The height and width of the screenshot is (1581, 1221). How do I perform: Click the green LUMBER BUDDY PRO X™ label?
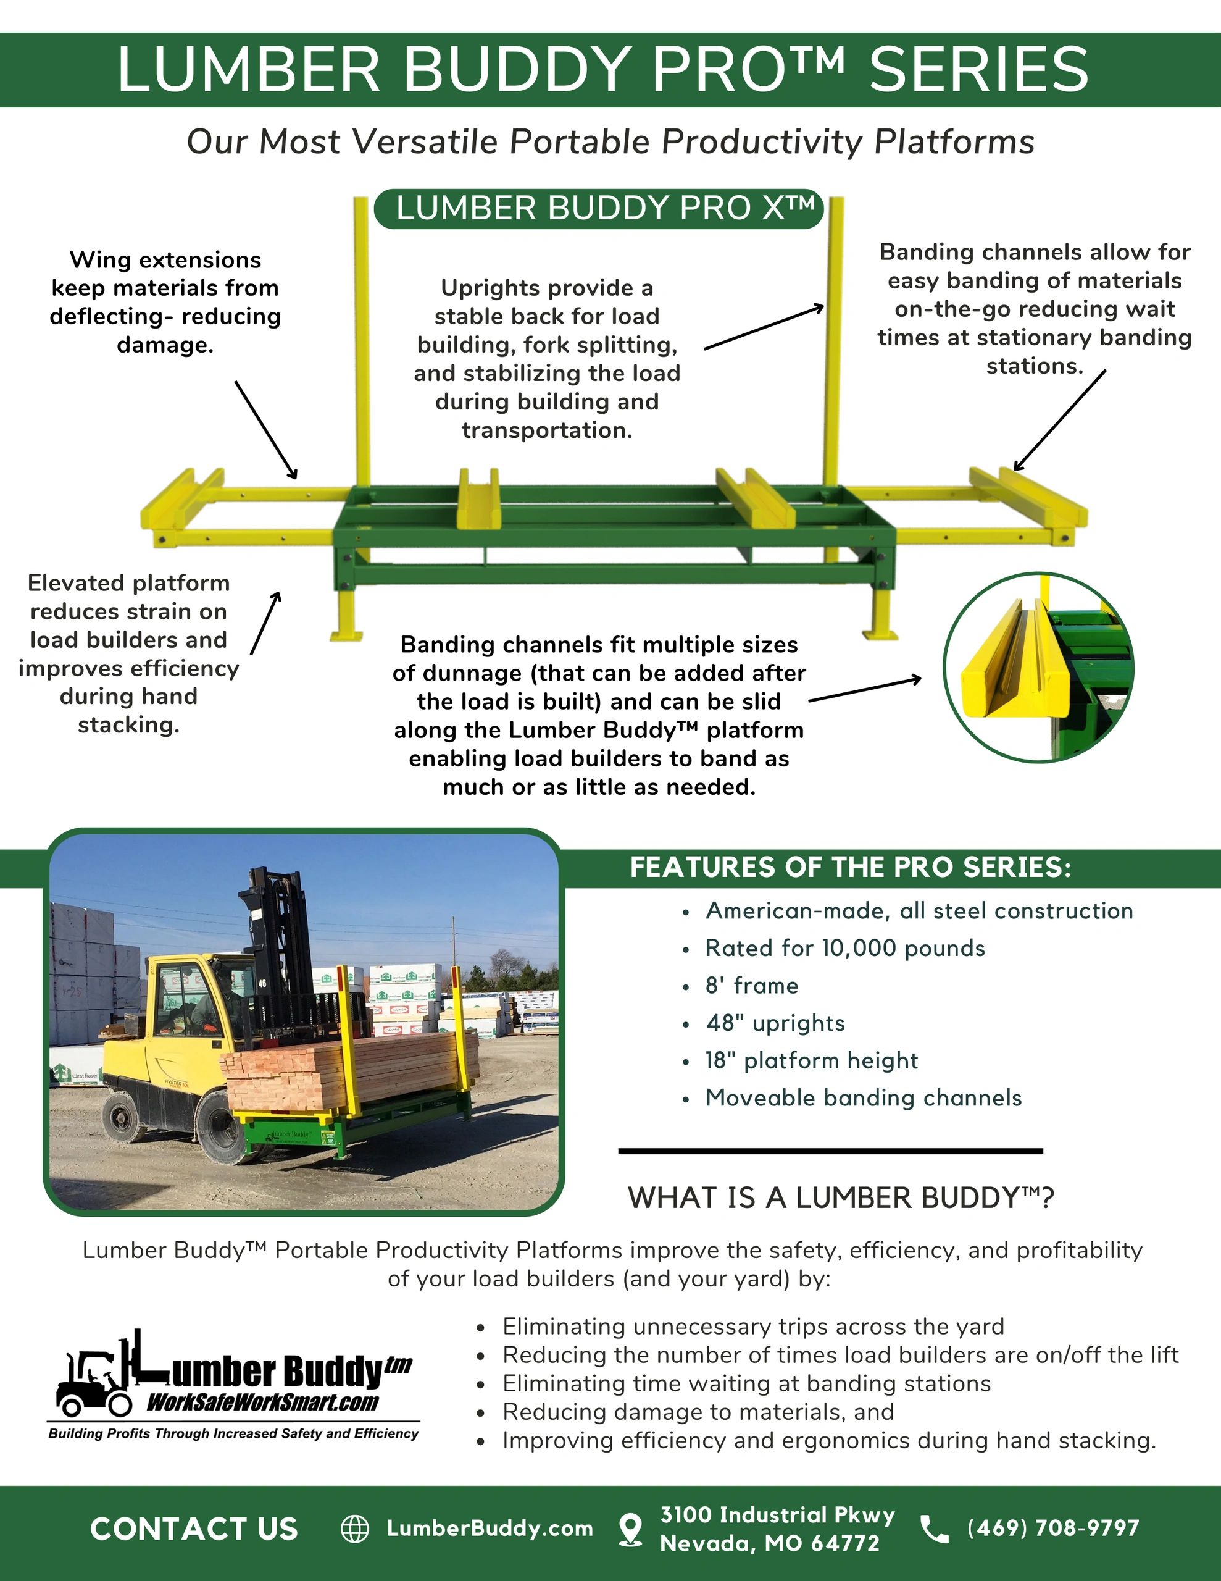click(x=599, y=209)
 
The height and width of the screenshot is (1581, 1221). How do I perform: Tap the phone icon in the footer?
click(x=934, y=1529)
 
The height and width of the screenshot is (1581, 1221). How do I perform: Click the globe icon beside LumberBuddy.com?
click(x=355, y=1529)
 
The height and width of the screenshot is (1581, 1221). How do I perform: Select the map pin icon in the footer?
click(x=630, y=1529)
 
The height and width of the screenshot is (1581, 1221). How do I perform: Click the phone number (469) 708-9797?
click(x=1053, y=1528)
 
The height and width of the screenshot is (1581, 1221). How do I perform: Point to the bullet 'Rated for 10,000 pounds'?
click(x=844, y=949)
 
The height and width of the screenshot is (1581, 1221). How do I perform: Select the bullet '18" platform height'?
click(x=811, y=1060)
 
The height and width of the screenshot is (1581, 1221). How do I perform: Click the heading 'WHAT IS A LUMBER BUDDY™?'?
click(x=841, y=1198)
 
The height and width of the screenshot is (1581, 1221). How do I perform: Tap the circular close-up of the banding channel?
click(x=1038, y=668)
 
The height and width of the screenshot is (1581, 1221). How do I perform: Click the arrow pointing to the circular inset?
click(x=865, y=690)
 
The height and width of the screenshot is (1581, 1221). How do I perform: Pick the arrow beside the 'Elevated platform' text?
click(x=265, y=623)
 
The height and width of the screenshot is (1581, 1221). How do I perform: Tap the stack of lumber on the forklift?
click(x=348, y=1072)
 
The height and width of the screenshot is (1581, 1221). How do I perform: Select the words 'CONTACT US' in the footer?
click(x=194, y=1529)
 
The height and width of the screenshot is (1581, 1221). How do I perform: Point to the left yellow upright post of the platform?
click(x=362, y=340)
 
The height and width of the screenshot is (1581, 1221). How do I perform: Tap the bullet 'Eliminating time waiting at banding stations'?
click(x=746, y=1383)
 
